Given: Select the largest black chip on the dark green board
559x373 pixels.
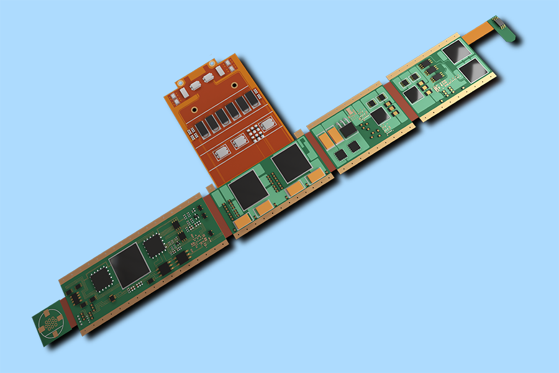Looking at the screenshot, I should [129, 265].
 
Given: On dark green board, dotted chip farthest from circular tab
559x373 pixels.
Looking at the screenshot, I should [153, 247].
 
